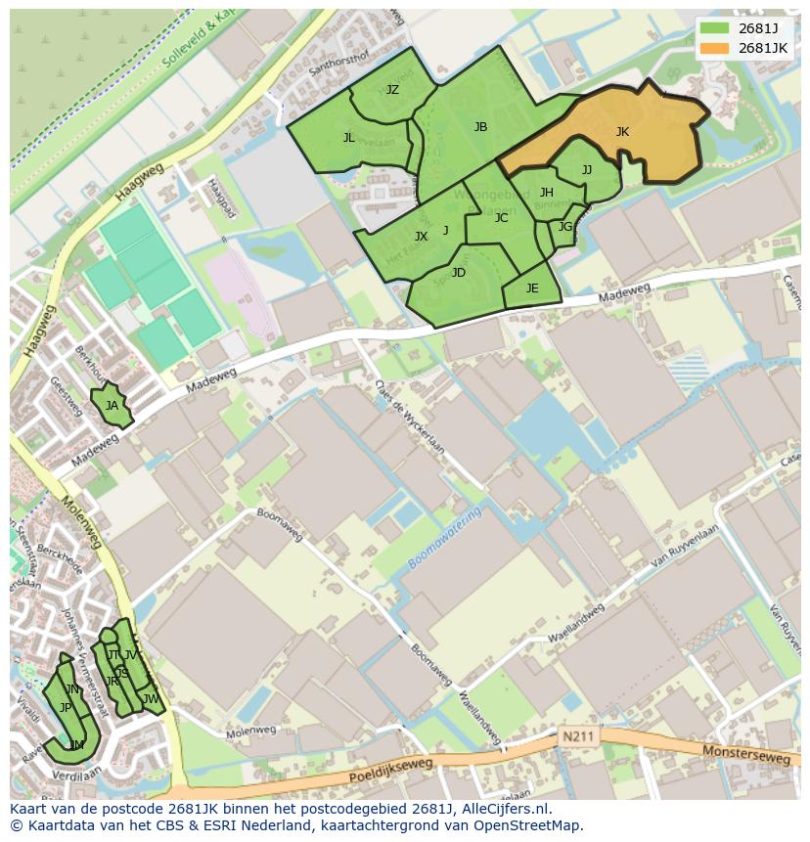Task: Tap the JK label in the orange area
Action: (622, 132)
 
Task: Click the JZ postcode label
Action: (392, 90)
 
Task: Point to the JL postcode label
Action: (349, 138)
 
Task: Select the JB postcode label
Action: (480, 127)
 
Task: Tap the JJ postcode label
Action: (587, 170)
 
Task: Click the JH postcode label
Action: (547, 193)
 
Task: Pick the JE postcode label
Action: (532, 288)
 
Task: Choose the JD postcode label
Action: (459, 273)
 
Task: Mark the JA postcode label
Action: (112, 406)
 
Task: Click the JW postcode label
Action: (151, 699)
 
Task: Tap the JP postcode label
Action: (66, 707)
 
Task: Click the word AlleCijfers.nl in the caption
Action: (506, 810)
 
